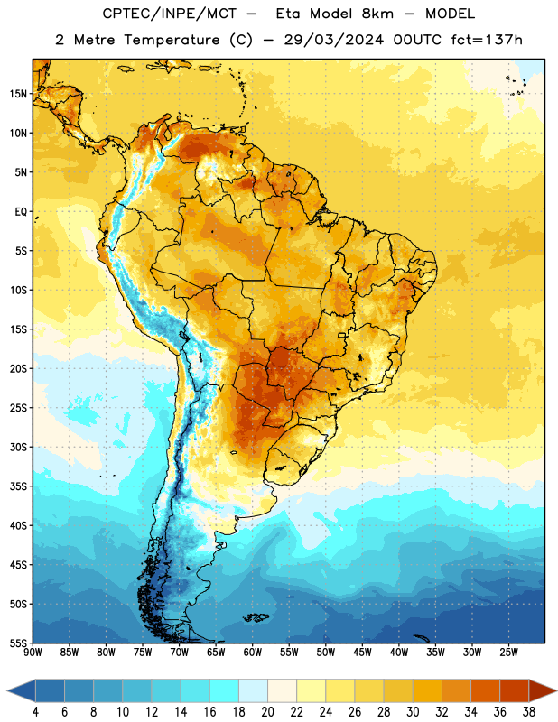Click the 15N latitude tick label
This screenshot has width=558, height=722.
coord(18,94)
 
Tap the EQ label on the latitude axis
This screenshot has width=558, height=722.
coord(21,212)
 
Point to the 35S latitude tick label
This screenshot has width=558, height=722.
coord(18,486)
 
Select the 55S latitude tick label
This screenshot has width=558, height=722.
coord(18,643)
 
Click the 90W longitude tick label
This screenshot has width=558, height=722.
coord(33,653)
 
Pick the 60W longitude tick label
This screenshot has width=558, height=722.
coord(253,653)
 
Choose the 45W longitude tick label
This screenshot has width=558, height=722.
coord(362,653)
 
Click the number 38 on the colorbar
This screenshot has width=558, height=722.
coord(528,712)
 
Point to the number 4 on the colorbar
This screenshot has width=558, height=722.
coord(35,712)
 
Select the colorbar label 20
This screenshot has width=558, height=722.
coord(267,712)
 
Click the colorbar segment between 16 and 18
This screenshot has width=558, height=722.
coord(225,690)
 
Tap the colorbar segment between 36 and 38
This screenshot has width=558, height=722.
coord(515,690)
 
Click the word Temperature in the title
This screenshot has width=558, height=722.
coord(172,40)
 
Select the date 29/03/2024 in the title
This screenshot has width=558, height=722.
coord(333,40)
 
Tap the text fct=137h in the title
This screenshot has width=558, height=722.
coord(487,40)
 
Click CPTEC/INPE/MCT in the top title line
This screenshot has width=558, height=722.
coord(169,14)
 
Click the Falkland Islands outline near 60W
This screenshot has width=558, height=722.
coord(256,617)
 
